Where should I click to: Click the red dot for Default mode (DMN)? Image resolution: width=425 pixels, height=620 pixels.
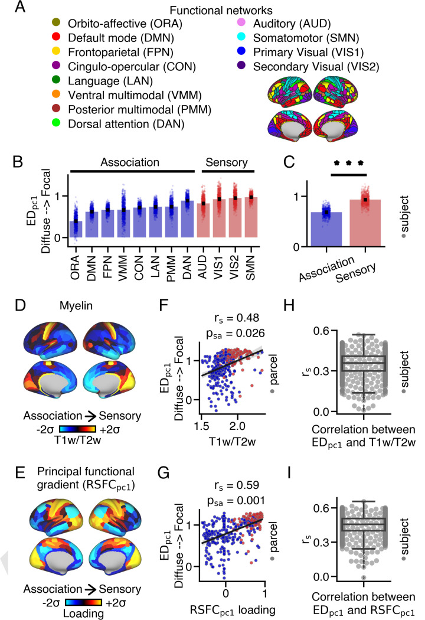click(x=55, y=37)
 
